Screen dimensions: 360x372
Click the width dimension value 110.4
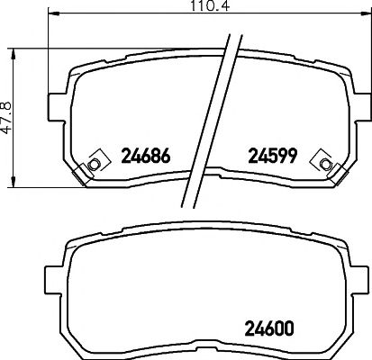[188, 11]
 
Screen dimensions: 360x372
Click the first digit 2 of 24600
[250, 329]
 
